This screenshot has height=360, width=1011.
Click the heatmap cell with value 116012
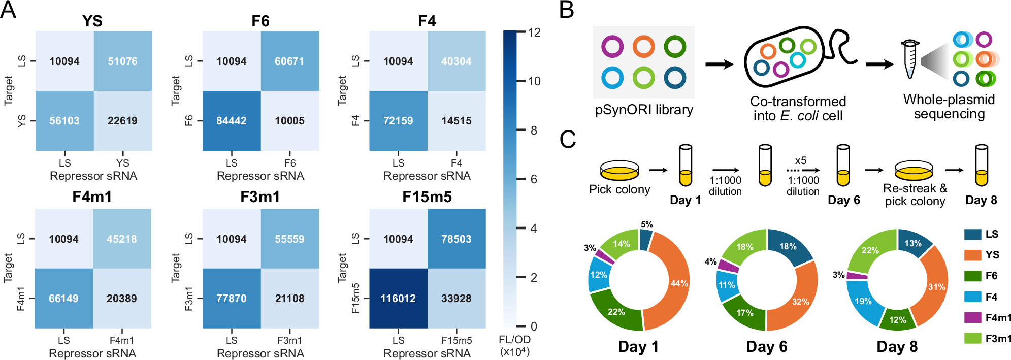click(398, 298)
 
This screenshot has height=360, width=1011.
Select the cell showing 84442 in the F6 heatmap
click(232, 121)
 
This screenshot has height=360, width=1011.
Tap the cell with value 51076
click(122, 61)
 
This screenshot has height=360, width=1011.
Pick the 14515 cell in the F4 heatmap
click(456, 121)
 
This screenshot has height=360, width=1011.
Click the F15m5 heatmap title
click(427, 197)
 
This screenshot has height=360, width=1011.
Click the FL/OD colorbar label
click(514, 345)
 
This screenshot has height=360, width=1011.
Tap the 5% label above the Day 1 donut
click(646, 224)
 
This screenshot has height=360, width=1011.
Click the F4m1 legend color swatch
click(972, 318)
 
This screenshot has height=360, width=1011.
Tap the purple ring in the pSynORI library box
click(612, 46)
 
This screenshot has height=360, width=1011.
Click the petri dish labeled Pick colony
click(619, 171)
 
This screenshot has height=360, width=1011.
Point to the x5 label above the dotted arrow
click(800, 160)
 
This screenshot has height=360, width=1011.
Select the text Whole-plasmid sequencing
click(949, 107)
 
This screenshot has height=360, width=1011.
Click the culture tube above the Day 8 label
click(981, 166)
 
